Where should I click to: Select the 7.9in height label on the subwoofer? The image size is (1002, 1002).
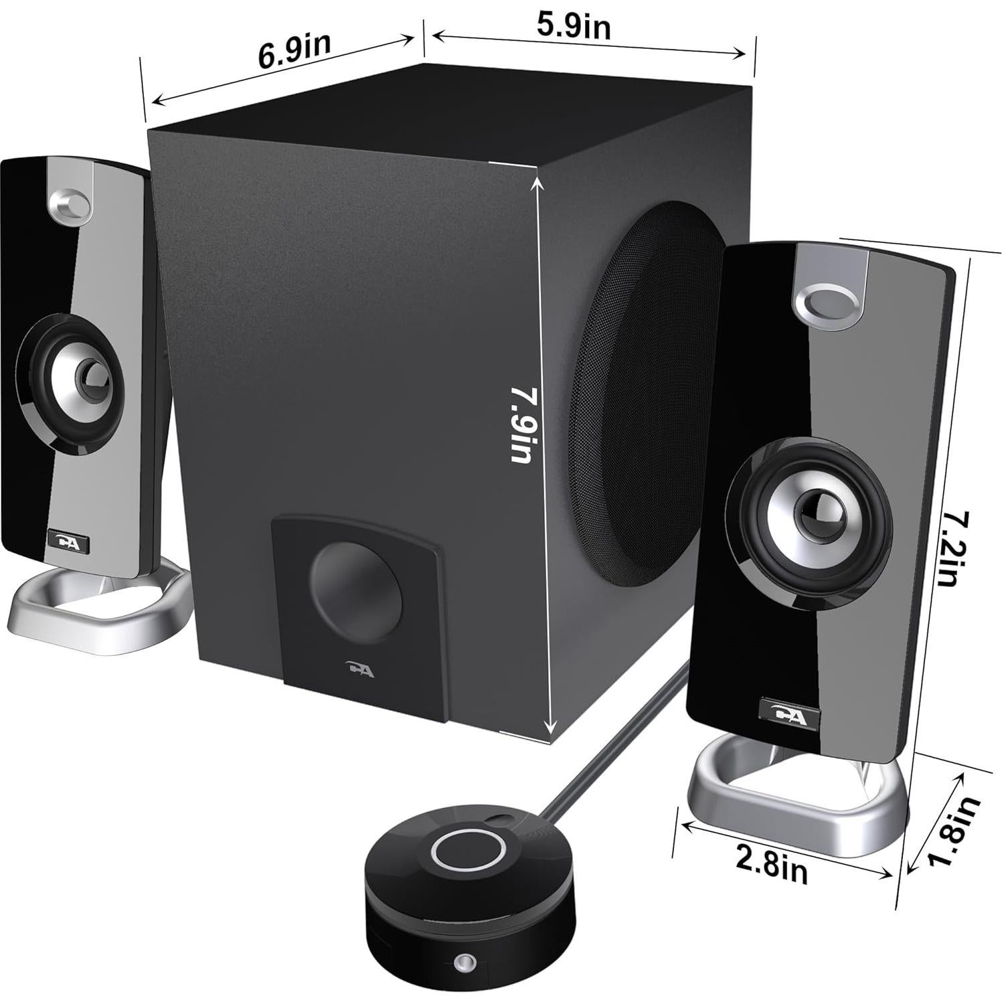pyautogui.click(x=522, y=423)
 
